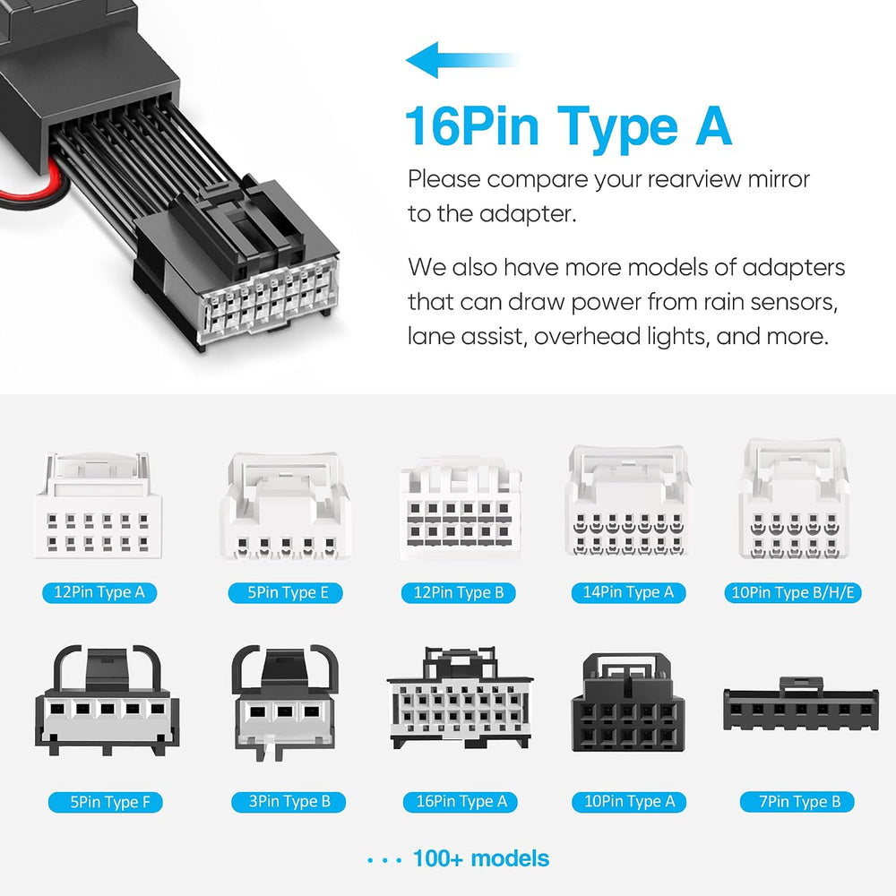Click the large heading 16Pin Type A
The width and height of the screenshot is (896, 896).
click(568, 127)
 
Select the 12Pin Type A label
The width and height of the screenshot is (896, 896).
click(99, 592)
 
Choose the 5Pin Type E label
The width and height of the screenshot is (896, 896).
click(286, 592)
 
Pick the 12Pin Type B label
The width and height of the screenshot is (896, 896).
click(458, 592)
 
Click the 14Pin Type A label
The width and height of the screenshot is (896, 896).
click(629, 592)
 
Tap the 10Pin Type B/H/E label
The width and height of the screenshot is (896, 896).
click(793, 592)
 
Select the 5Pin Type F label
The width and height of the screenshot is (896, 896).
click(106, 802)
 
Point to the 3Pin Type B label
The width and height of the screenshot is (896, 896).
click(289, 802)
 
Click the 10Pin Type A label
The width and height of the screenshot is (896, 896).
click(629, 802)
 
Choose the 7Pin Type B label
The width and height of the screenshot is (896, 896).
click(797, 802)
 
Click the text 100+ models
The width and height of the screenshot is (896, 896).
click(480, 858)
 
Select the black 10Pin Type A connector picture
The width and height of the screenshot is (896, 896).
click(628, 702)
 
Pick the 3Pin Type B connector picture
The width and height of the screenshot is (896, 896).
click(286, 702)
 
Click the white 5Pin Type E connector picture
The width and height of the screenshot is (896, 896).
click(286, 505)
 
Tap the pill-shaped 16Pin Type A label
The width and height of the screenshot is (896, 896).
click(461, 802)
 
